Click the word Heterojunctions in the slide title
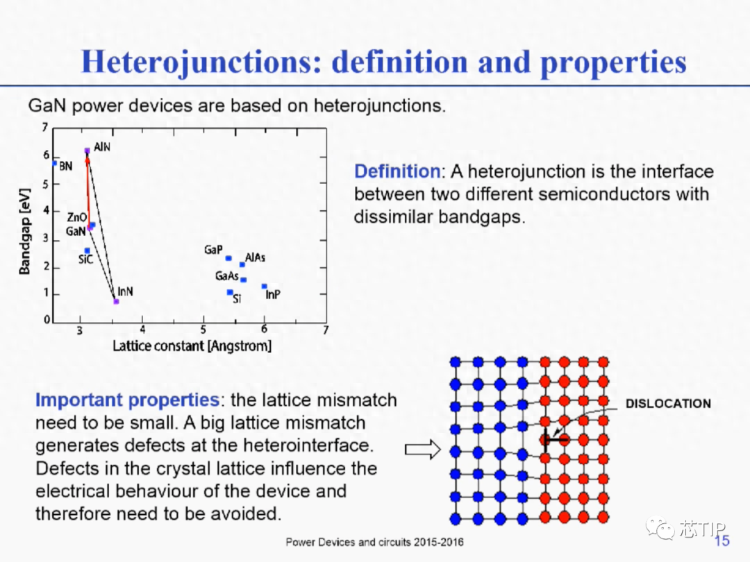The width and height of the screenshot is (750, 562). (201, 62)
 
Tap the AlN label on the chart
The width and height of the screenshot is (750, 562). (102, 146)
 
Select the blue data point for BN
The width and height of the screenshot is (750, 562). (55, 164)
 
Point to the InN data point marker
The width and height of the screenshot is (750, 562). (116, 302)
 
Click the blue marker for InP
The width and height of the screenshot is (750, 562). (264, 287)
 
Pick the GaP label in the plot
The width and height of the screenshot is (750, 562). (213, 250)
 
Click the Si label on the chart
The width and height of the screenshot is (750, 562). (237, 298)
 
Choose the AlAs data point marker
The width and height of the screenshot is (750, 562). (242, 264)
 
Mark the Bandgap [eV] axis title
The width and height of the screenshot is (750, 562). (24, 231)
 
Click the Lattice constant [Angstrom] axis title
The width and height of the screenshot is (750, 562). (192, 346)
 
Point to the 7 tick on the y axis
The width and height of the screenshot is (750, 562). (45, 127)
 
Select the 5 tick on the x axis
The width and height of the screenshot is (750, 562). (203, 330)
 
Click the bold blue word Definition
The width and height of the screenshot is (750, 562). (397, 171)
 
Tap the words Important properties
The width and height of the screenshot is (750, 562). (128, 400)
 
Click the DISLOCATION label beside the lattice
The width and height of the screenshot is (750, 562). (668, 404)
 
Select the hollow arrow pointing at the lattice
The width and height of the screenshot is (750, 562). (423, 449)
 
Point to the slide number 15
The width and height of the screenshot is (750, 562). (722, 540)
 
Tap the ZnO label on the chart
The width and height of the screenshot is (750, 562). (76, 217)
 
